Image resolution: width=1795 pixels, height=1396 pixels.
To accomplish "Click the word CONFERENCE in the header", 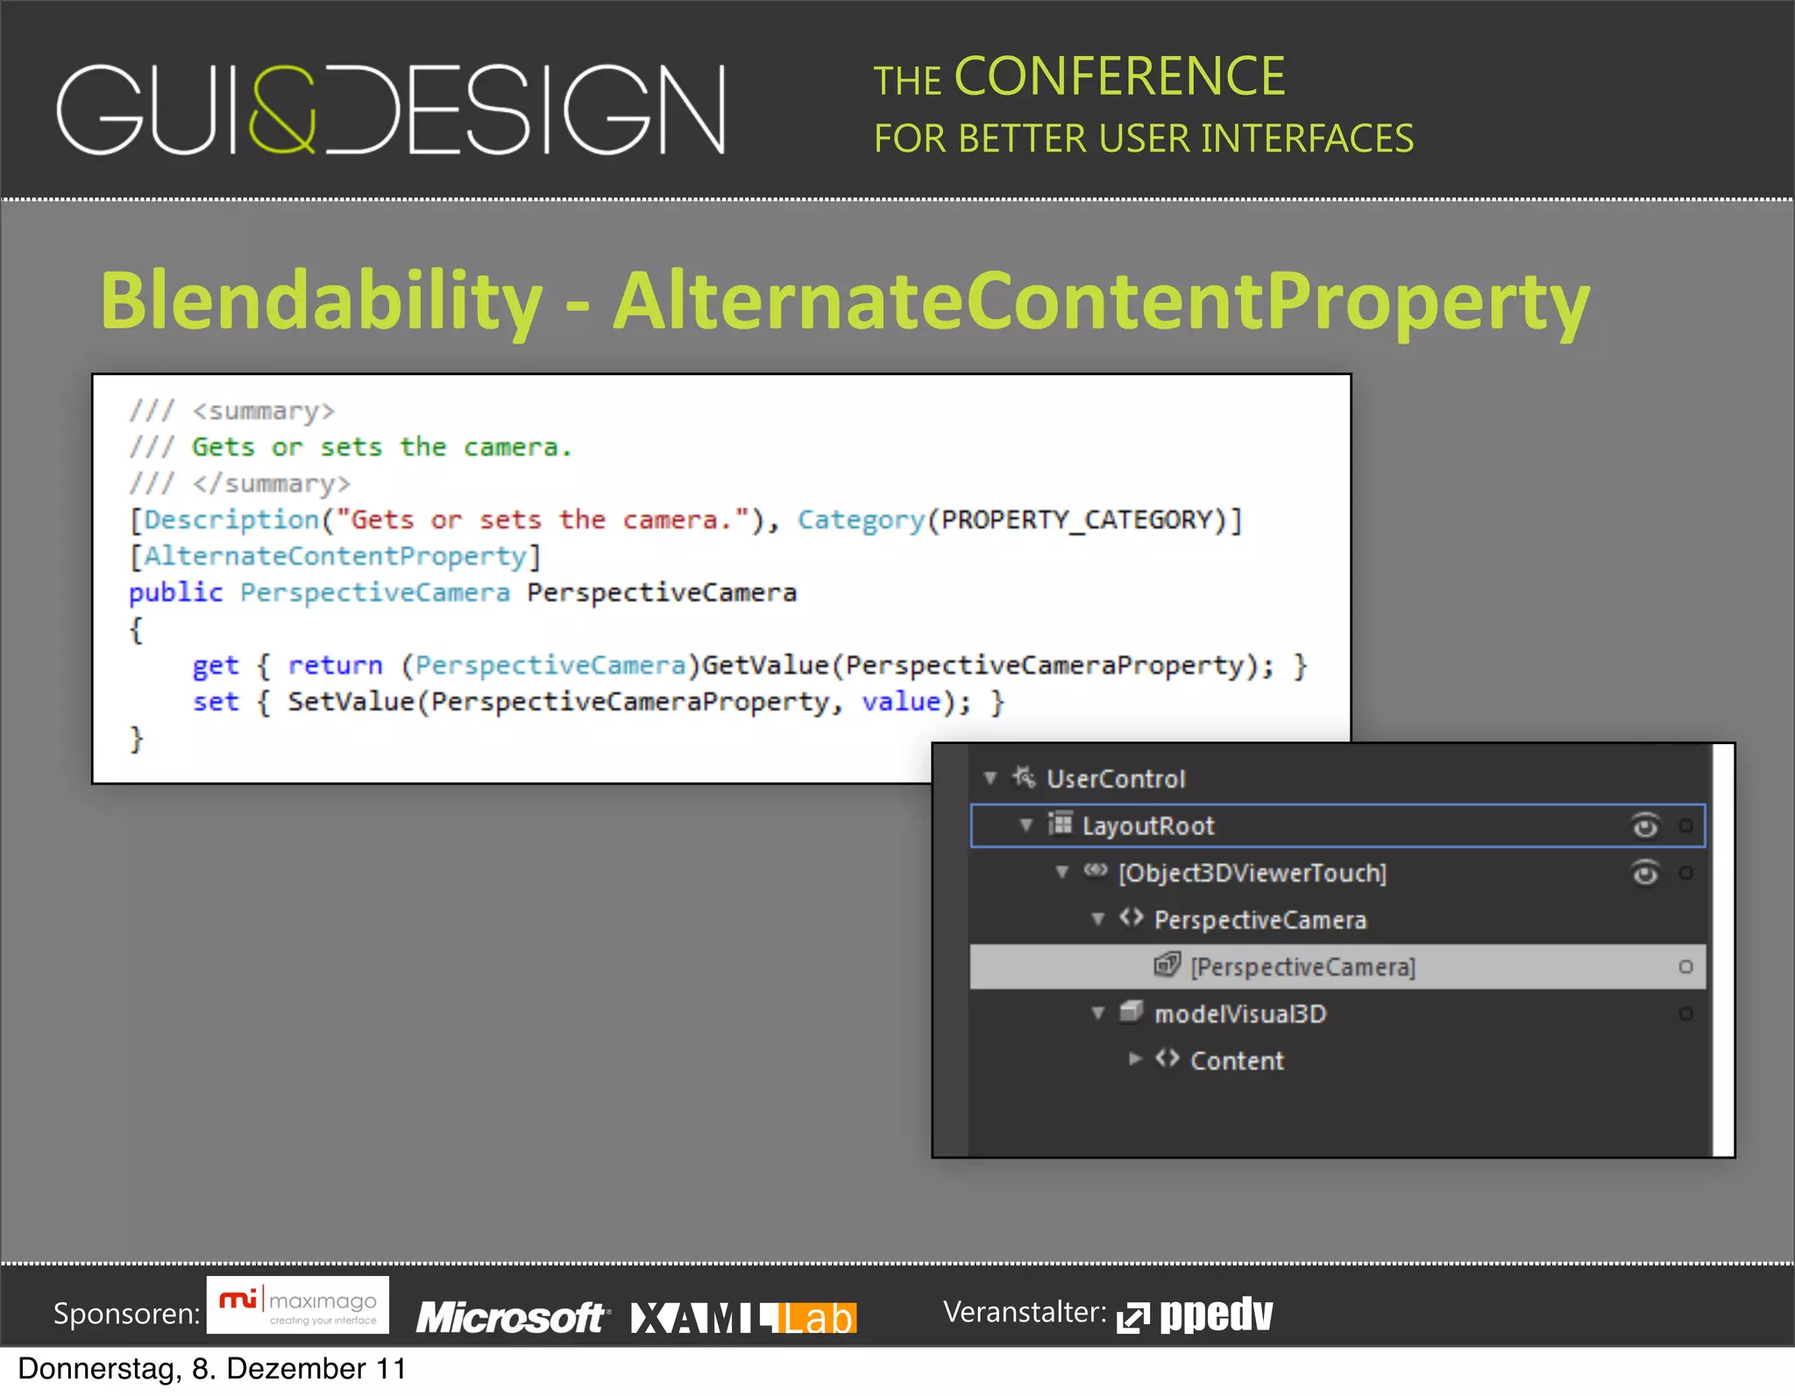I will pyautogui.click(x=1119, y=77).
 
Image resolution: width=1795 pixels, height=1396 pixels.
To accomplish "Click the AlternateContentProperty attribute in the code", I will pyautogui.click(x=335, y=556).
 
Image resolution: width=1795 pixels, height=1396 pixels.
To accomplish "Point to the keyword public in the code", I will pyautogui.click(x=175, y=593).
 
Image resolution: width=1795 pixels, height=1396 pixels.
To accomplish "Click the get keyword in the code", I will pyautogui.click(x=216, y=666).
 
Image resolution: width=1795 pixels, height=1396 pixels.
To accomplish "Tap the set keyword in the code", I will pyautogui.click(x=216, y=702).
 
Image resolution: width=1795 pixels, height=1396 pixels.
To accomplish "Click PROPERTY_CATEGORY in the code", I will pyautogui.click(x=1077, y=521).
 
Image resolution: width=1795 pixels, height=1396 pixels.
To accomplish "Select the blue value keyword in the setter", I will pyautogui.click(x=901, y=702).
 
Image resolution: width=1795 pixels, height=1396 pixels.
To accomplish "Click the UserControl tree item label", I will pyautogui.click(x=1116, y=779).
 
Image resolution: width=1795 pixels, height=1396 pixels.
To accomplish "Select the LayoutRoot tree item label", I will pyautogui.click(x=1148, y=826).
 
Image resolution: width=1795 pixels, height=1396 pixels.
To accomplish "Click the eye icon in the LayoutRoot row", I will pyautogui.click(x=1645, y=826).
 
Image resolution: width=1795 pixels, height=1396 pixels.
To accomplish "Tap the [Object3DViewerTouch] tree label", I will pyautogui.click(x=1252, y=874).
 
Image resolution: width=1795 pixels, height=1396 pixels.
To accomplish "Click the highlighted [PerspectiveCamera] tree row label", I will pyautogui.click(x=1302, y=967).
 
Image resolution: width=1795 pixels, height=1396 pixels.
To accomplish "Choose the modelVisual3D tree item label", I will pyautogui.click(x=1240, y=1015).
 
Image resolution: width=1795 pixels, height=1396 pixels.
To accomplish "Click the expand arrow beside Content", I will pyautogui.click(x=1135, y=1059).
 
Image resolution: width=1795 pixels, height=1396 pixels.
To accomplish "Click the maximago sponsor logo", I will pyautogui.click(x=298, y=1306).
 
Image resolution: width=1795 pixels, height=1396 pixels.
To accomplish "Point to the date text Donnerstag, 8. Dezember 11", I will pyautogui.click(x=212, y=1369).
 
